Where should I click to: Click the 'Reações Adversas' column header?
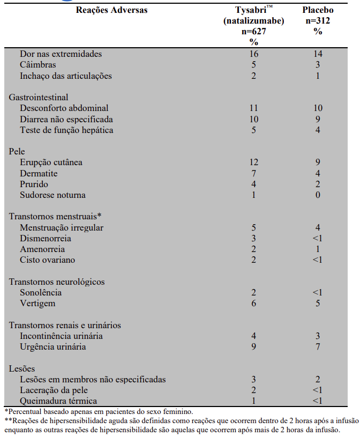click(111, 10)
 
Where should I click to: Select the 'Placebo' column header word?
click(318, 10)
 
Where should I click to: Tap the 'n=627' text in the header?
click(254, 31)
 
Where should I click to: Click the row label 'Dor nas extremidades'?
click(61, 54)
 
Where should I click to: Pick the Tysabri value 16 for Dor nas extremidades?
click(253, 54)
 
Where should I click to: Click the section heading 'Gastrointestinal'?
click(39, 98)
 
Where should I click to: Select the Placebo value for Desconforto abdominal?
click(318, 108)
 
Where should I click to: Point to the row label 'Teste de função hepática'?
click(66, 130)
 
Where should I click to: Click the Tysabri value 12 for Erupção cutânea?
click(253, 162)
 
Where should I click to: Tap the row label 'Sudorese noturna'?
click(52, 195)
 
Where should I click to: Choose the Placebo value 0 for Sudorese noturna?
click(318, 195)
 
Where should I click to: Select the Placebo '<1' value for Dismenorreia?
click(318, 239)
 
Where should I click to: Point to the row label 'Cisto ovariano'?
click(47, 260)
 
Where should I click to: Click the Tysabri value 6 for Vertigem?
click(253, 304)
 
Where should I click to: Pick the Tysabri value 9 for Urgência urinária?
click(253, 347)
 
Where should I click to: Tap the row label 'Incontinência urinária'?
click(61, 336)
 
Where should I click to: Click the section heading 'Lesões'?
click(23, 368)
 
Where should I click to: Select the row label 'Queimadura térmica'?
click(58, 401)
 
